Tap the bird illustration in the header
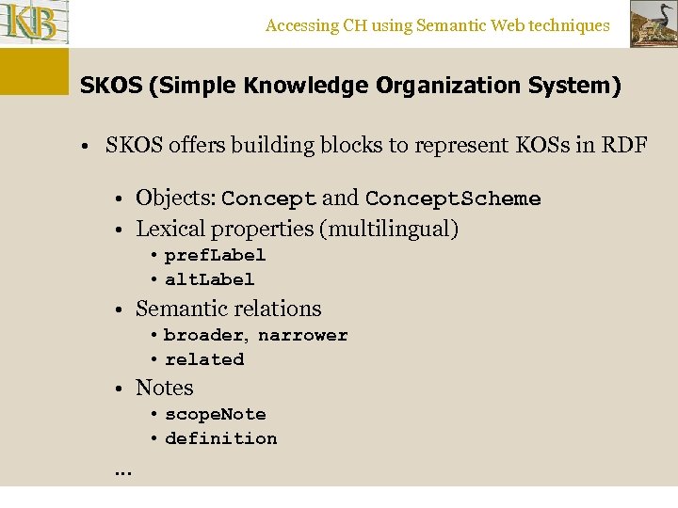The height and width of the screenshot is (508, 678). tap(653, 24)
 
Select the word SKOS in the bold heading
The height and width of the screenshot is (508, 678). tap(106, 87)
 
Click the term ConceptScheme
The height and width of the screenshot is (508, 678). tap(453, 198)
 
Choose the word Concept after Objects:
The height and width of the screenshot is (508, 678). tap(268, 198)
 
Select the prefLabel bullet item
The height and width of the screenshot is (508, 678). tap(215, 255)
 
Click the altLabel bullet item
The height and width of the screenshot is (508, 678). tap(209, 279)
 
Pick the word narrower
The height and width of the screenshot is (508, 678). tap(302, 335)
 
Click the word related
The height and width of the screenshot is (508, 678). tap(204, 359)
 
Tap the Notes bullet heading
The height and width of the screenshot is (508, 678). tap(164, 388)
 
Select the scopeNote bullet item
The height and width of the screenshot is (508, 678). tap(215, 414)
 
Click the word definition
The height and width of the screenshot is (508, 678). tap(220, 438)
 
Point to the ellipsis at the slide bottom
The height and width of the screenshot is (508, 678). tap(122, 470)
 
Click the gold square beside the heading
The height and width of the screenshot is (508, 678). tap(34, 71)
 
